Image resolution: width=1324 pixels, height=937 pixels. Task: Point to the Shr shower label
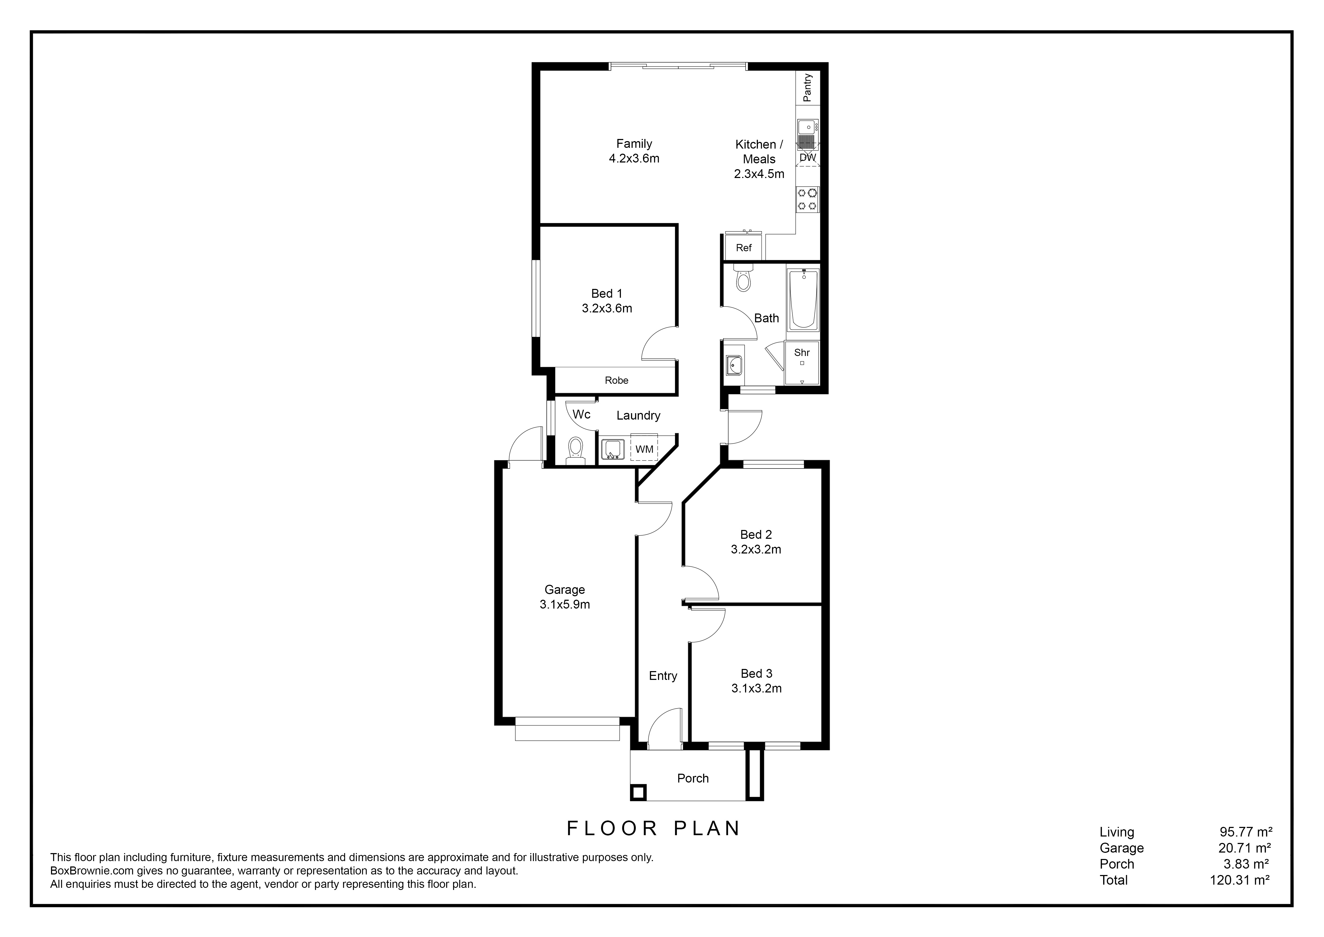(802, 353)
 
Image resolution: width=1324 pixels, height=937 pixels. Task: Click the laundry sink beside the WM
(612, 449)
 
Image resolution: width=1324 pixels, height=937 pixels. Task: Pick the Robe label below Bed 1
(616, 380)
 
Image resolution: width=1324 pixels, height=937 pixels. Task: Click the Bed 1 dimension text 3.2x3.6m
(607, 309)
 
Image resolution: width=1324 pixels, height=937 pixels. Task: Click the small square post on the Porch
(638, 792)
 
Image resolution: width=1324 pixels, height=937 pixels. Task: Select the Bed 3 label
(756, 673)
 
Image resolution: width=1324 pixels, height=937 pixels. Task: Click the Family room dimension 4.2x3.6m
(634, 158)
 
